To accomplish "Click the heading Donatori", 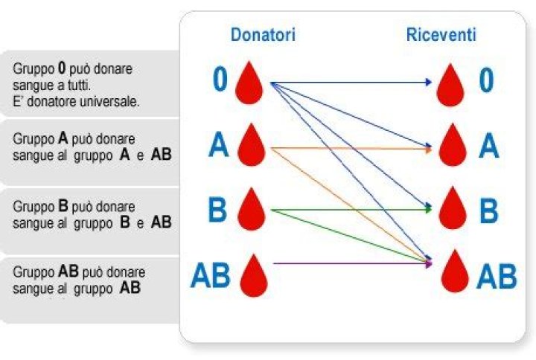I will click(263, 35).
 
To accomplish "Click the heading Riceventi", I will click(441, 35).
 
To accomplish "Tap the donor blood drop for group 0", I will click(249, 83).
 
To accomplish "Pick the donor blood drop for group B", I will click(251, 210).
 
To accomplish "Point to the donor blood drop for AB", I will click(251, 275).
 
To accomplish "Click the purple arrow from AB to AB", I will click(350, 263).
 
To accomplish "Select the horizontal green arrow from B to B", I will click(350, 210).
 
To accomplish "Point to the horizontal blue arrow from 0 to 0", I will click(350, 82).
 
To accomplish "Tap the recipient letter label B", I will click(488, 210).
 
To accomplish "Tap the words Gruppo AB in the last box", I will click(47, 271).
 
